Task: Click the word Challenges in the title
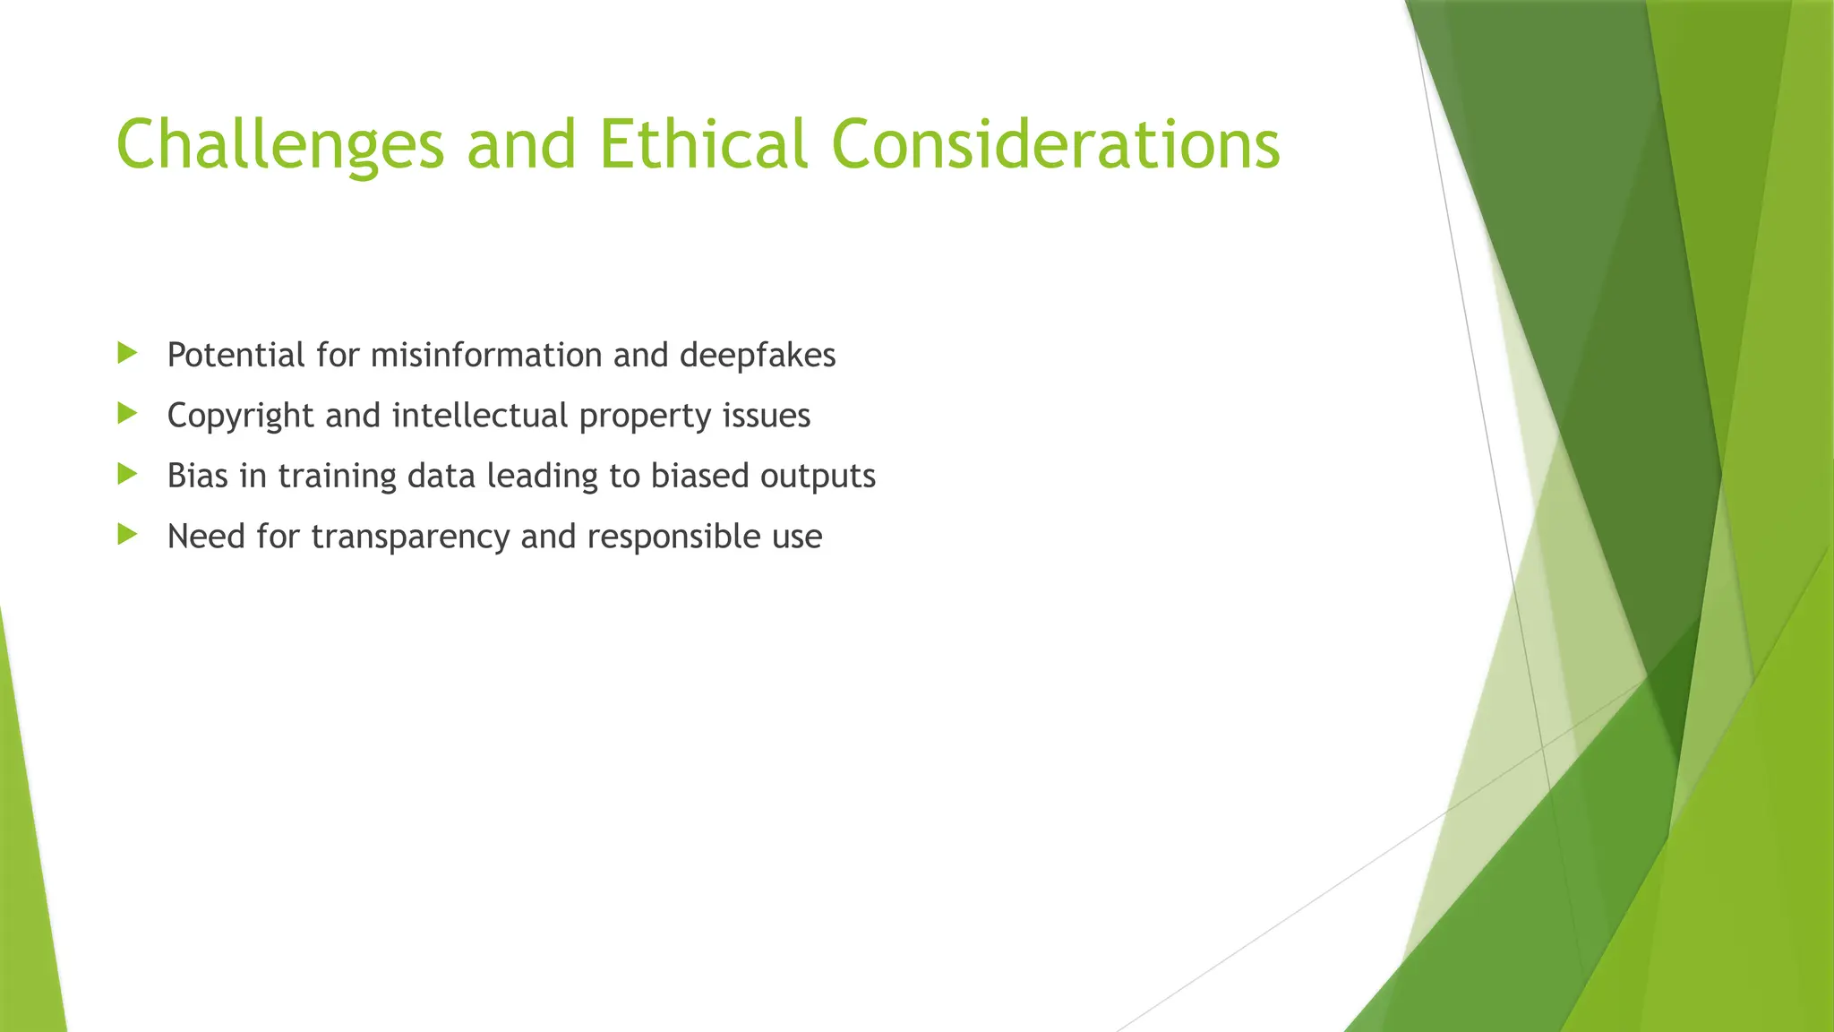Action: [280, 145]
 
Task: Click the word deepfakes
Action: [758, 356]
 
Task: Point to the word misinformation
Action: [486, 356]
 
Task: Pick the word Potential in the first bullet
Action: [236, 356]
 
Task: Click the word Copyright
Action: [241, 417]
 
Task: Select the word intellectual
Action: [480, 416]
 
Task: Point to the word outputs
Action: [818, 477]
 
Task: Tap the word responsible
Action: [661, 537]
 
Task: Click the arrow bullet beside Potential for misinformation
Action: [127, 353]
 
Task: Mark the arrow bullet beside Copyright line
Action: [127, 413]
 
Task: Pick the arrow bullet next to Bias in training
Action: [127, 474]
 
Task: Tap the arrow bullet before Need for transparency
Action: [127, 535]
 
